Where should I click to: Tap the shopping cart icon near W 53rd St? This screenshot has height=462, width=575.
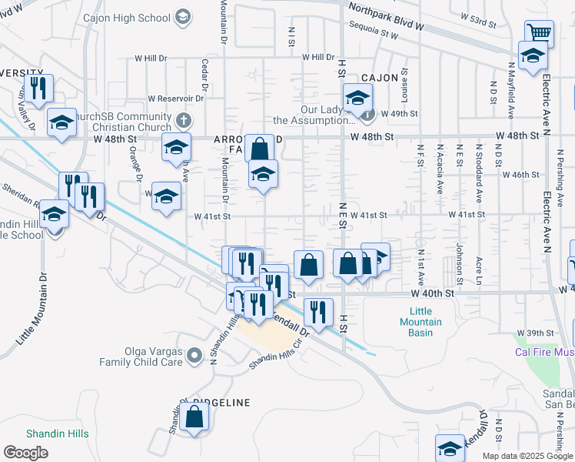540,33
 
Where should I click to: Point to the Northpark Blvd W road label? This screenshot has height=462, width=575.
386,16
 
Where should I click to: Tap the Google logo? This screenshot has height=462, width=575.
25,453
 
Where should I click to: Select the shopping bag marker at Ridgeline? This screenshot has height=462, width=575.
195,418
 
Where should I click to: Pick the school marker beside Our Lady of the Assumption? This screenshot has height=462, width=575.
357,99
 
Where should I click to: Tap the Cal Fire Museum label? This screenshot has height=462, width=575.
544,352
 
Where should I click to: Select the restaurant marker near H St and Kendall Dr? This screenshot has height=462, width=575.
317,312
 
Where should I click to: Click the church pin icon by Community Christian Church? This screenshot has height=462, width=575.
182,120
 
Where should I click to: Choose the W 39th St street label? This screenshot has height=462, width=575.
536,333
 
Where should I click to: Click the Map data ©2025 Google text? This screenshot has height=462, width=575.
527,456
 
